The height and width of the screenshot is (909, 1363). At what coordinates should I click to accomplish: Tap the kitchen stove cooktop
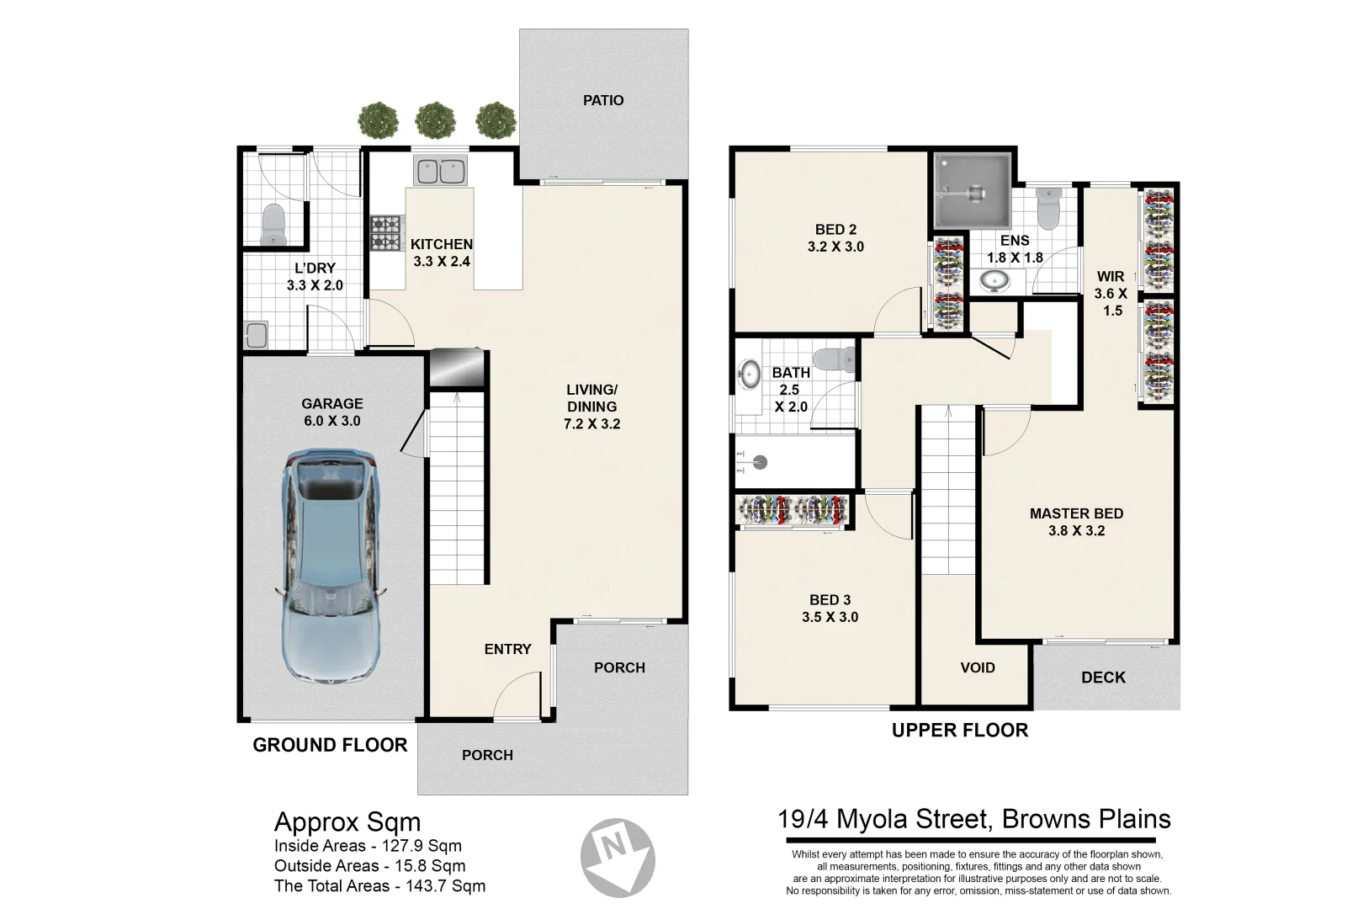pyautogui.click(x=385, y=233)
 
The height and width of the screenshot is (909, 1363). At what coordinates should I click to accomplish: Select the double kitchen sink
pyautogui.click(x=440, y=172)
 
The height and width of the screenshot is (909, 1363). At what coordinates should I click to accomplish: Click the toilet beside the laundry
pyautogui.click(x=273, y=225)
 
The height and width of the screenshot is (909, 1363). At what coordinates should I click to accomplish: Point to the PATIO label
pyautogui.click(x=603, y=100)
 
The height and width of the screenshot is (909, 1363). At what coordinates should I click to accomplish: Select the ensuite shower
pyautogui.click(x=972, y=191)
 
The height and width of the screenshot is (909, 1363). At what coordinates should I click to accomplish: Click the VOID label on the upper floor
pyautogui.click(x=977, y=667)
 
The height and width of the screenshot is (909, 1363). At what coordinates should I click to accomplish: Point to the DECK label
pyautogui.click(x=1103, y=678)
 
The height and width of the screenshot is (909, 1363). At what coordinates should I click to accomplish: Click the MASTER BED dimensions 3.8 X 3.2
pyautogui.click(x=1076, y=531)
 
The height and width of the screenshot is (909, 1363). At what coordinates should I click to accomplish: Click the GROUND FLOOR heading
pyautogui.click(x=330, y=745)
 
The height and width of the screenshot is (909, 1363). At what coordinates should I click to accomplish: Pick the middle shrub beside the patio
pyautogui.click(x=435, y=120)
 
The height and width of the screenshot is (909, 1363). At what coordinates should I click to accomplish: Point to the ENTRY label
pyautogui.click(x=507, y=649)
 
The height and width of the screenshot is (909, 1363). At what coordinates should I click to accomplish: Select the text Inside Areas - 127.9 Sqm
pyautogui.click(x=368, y=846)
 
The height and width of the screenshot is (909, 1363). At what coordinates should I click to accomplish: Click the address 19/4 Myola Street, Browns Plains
pyautogui.click(x=974, y=819)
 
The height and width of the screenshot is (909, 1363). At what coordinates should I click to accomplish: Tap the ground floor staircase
pyautogui.click(x=459, y=488)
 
